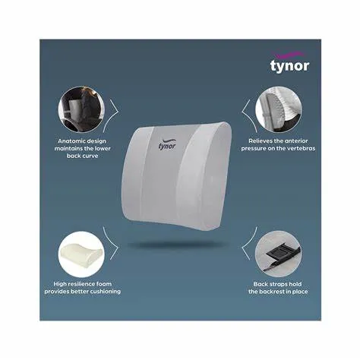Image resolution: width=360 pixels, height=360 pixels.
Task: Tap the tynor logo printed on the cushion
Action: pyautogui.click(x=169, y=144)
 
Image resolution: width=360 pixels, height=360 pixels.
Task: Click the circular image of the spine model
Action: pyautogui.click(x=277, y=108)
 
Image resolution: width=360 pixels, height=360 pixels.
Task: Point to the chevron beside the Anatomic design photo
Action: pyautogui.click(x=113, y=109)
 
